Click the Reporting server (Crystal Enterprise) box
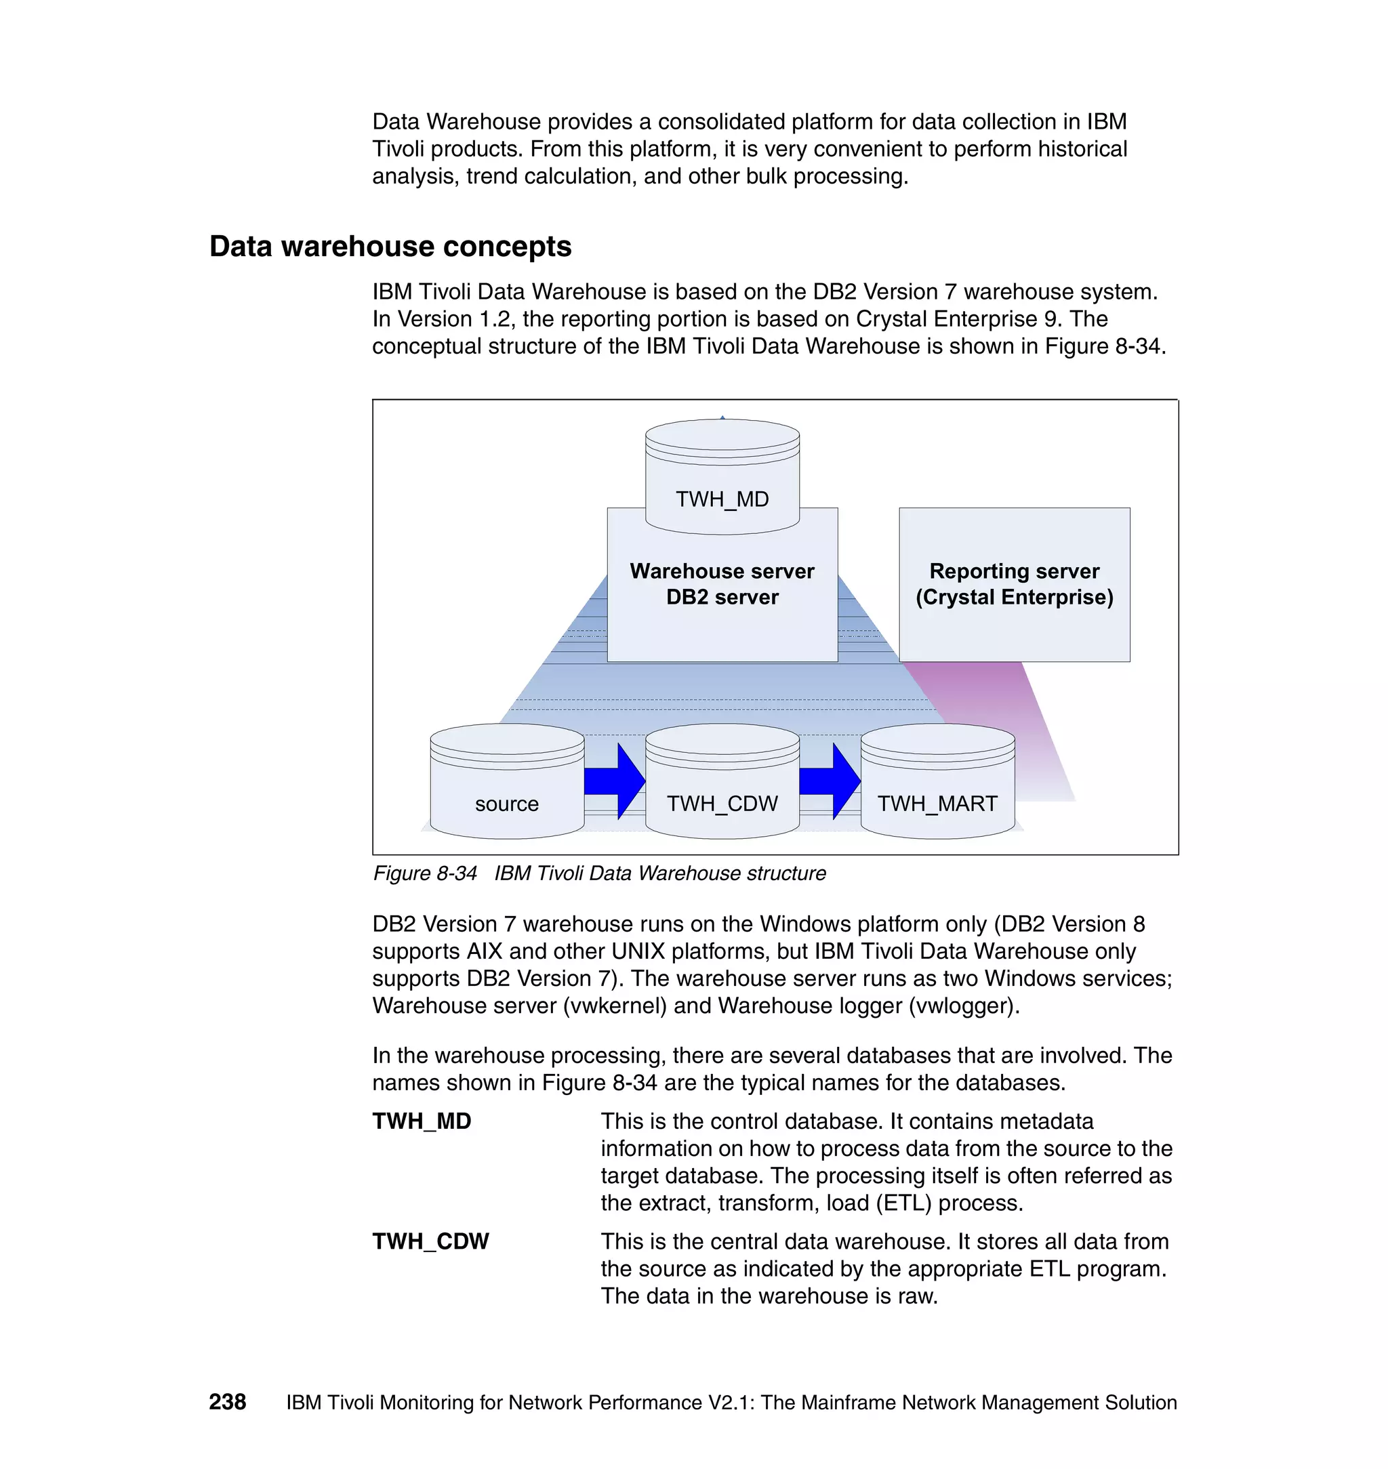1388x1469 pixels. [x=1014, y=584]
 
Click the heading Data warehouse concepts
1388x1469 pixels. [x=390, y=247]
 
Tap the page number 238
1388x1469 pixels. [x=227, y=1402]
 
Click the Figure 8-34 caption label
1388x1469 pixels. [x=425, y=873]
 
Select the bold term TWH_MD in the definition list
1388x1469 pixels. [x=422, y=1121]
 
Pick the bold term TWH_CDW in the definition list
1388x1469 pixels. [x=430, y=1241]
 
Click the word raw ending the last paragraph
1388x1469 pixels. [x=916, y=1297]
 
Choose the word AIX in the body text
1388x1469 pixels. [x=484, y=951]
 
